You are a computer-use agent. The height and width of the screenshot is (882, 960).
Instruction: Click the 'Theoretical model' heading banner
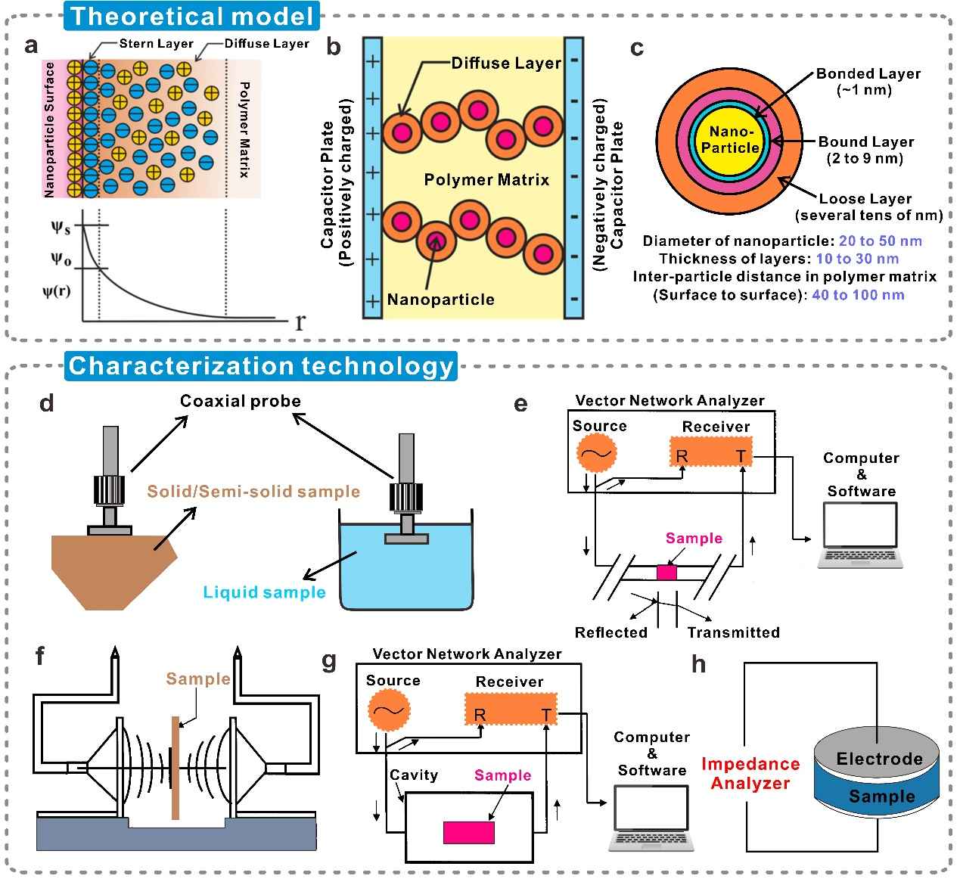coord(191,16)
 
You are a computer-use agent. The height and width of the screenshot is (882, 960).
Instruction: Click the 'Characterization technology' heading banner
coord(261,366)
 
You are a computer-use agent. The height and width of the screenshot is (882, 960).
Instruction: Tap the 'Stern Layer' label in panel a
coord(156,44)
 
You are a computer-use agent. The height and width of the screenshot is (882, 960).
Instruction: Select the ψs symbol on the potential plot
coord(61,227)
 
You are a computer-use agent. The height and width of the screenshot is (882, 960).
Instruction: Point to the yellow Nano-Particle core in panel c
coord(730,140)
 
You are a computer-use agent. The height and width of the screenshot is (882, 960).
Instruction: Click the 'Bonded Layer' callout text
coord(868,74)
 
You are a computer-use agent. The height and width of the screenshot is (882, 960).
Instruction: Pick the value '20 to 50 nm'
coord(880,241)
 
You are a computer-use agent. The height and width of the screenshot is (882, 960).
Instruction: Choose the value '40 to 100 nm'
coord(858,295)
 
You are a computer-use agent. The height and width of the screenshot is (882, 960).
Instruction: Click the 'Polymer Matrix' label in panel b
coord(486,180)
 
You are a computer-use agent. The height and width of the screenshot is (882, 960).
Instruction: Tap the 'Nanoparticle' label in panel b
coord(440,300)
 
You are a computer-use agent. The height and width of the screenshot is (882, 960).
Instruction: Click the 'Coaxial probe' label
coord(240,401)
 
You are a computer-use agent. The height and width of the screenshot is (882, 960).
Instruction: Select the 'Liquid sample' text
coord(264,592)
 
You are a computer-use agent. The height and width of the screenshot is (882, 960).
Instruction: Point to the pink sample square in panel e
coord(666,573)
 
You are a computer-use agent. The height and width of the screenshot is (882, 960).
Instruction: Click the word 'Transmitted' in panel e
coord(733,632)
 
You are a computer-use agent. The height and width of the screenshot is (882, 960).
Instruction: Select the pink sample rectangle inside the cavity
coord(468,832)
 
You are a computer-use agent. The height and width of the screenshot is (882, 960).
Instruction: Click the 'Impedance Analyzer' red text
coord(750,774)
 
